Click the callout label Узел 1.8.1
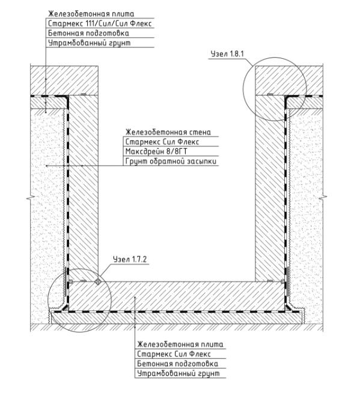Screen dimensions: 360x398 tap(227, 54)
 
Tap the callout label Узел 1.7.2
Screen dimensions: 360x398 tap(130, 259)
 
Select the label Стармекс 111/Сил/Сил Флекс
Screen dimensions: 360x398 tap(100, 23)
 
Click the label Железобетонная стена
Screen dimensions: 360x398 tap(168, 132)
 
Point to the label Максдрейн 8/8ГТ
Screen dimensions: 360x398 tap(156, 151)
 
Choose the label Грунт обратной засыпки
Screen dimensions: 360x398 tap(171, 161)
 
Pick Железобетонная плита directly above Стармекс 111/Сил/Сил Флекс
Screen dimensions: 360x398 tap(91, 14)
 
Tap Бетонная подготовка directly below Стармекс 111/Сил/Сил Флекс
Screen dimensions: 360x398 tap(88, 33)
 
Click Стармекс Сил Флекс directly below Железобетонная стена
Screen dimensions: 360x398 tap(162, 142)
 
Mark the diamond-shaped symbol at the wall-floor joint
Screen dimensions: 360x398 tap(98, 282)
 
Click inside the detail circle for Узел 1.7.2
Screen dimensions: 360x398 tap(79, 301)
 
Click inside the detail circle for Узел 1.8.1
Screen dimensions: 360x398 tap(275, 89)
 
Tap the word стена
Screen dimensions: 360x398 tap(200, 132)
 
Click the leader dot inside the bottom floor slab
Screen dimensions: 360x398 tap(135, 297)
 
